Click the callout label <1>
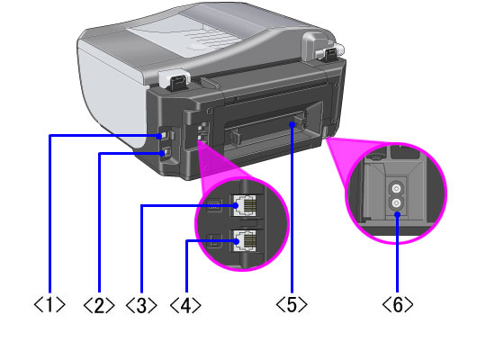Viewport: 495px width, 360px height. [x=49, y=304]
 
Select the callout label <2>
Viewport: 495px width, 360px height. [x=99, y=305]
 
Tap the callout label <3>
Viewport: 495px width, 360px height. [x=141, y=305]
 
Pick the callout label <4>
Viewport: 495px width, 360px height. [x=185, y=305]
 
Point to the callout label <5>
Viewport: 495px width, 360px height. [x=292, y=304]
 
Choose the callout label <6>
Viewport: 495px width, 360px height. [x=398, y=304]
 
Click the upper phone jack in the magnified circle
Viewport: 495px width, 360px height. [x=244, y=205]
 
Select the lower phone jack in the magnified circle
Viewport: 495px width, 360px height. [x=244, y=240]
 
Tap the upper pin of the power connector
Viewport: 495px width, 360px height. [x=397, y=189]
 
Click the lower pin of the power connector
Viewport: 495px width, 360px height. [x=397, y=202]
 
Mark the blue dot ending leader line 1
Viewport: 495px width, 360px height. [x=159, y=136]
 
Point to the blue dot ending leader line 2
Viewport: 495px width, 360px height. [x=162, y=154]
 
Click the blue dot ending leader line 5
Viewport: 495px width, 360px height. [x=292, y=125]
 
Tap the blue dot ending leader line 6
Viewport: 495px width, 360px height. [x=398, y=215]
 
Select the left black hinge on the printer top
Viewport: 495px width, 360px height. [x=179, y=84]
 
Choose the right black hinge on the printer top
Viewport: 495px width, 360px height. [x=330, y=54]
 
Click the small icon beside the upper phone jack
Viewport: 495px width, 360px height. [x=214, y=206]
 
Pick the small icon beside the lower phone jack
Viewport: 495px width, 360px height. [x=214, y=241]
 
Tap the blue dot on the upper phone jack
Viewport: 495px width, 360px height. [x=236, y=205]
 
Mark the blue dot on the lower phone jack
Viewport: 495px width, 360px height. [x=237, y=241]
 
